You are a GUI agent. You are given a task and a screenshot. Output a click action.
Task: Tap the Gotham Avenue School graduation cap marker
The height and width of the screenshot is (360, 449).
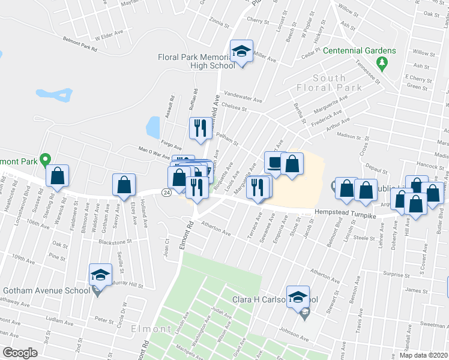(x=100, y=275)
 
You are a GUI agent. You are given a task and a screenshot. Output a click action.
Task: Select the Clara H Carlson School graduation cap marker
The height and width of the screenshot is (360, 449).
(x=298, y=296)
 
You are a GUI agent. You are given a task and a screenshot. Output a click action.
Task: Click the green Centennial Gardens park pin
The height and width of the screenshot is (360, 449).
(x=381, y=62)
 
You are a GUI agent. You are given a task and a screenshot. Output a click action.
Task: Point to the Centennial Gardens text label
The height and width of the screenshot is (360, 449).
(x=360, y=50)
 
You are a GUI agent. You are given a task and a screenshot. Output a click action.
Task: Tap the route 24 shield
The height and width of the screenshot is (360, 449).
(x=166, y=192)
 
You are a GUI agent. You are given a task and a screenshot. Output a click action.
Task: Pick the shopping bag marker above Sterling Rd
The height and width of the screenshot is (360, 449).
(x=58, y=176)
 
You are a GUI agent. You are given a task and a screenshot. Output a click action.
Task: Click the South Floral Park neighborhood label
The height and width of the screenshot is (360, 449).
(x=329, y=83)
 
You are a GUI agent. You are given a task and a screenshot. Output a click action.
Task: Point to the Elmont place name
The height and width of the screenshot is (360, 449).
(x=153, y=329)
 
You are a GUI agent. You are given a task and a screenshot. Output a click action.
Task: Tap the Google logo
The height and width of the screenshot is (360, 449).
(x=20, y=353)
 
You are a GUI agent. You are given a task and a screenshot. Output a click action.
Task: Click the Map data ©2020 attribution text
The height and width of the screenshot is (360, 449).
(x=424, y=355)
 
